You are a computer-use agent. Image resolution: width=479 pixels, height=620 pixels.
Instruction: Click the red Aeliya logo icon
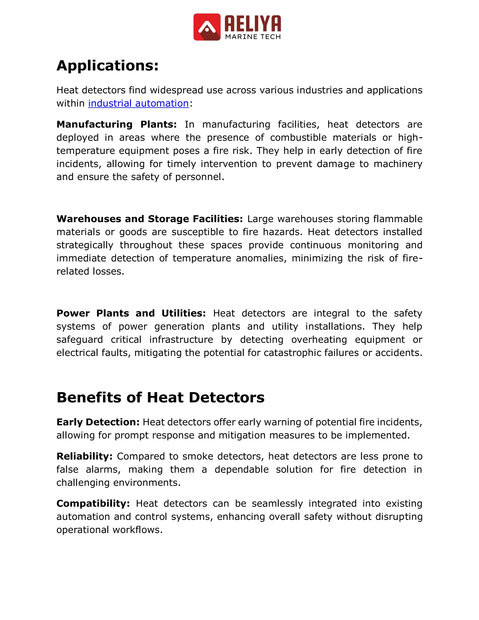(207, 27)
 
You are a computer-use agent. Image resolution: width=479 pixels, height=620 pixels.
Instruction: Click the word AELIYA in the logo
(253, 24)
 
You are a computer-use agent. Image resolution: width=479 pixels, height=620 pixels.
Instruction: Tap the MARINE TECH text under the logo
(253, 37)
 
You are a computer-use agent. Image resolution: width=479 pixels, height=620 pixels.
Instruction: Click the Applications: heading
(108, 66)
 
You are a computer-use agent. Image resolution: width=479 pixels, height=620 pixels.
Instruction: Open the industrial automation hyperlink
(138, 103)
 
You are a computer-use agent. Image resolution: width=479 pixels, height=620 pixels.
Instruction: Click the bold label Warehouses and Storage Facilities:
(149, 219)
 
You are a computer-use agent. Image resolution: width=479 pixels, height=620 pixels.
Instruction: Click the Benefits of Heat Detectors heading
(160, 398)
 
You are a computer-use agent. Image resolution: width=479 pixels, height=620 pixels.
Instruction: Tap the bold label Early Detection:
(98, 422)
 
